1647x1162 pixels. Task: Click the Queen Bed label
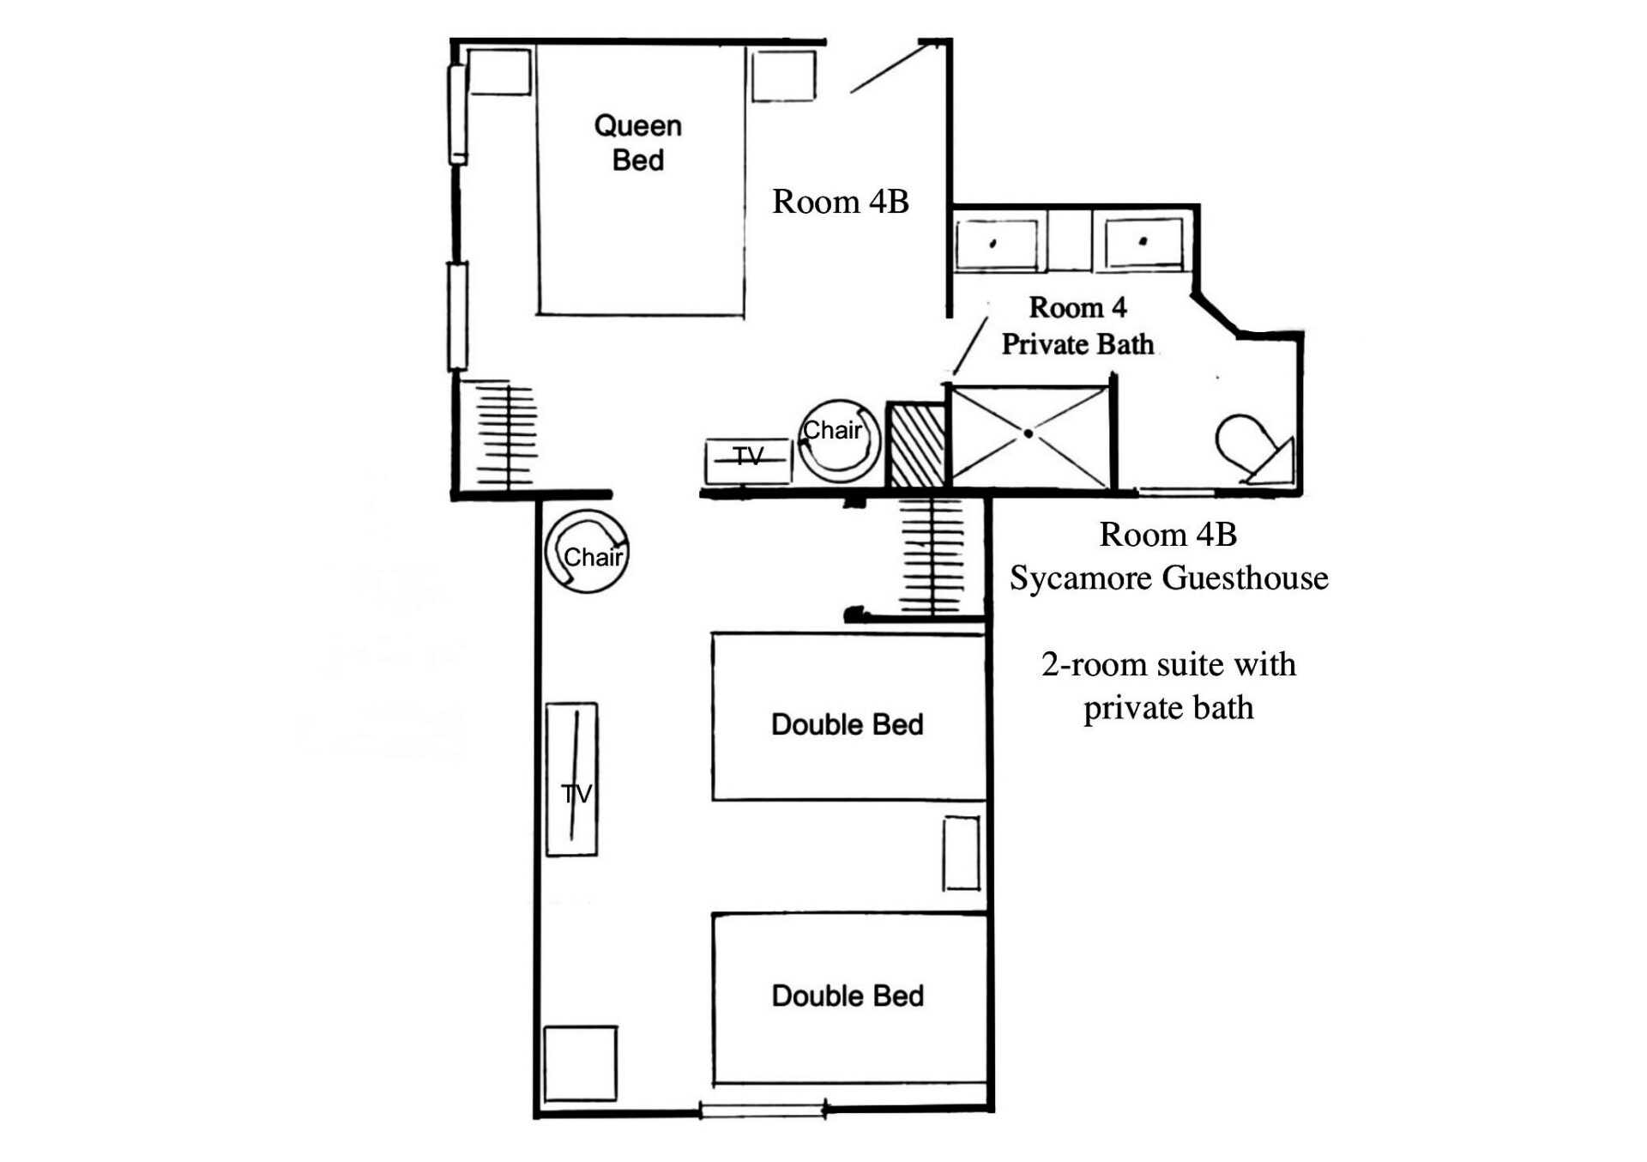638,143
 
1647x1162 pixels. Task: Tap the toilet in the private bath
1254,449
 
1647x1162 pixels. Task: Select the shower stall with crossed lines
1029,436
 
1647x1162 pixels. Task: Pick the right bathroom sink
1144,243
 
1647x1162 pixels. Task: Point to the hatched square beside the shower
916,445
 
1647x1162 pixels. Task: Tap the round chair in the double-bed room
588,552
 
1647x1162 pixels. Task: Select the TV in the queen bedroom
748,461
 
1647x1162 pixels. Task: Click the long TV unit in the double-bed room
572,779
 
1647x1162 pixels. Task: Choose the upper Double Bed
848,717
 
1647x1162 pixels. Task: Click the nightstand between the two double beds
961,853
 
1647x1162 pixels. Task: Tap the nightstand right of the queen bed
783,76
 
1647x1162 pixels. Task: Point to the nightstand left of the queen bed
498,71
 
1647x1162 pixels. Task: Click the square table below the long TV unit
581,1063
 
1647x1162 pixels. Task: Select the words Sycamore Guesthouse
1168,578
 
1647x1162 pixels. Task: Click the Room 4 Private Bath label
1077,325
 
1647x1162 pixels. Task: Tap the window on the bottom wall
763,1110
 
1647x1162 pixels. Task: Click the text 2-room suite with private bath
1168,686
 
